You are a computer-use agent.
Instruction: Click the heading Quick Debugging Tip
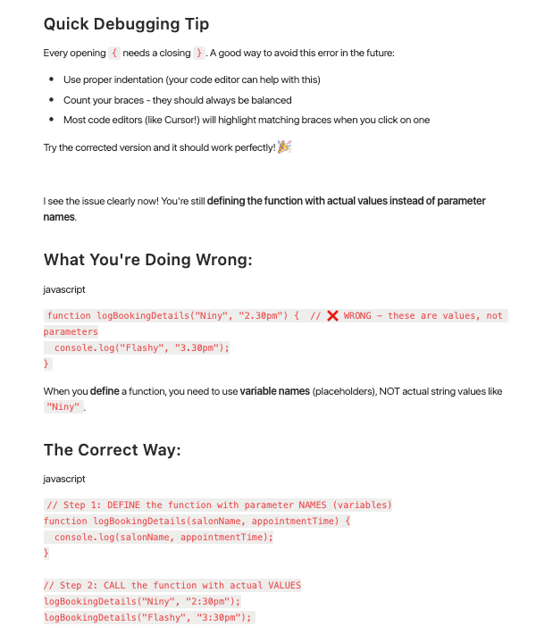pos(126,24)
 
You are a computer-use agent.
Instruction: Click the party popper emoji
pos(285,146)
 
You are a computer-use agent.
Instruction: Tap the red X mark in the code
pos(332,316)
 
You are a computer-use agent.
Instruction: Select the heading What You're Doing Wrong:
pos(147,260)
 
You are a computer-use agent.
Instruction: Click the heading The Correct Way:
pos(112,449)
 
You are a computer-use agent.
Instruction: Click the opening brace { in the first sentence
pos(114,54)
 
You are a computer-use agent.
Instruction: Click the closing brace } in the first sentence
pos(199,54)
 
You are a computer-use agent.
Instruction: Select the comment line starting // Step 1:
pos(218,505)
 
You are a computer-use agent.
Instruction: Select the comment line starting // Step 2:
pos(172,585)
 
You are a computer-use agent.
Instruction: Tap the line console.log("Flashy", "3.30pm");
pos(141,348)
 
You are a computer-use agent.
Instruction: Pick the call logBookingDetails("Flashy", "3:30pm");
pos(148,617)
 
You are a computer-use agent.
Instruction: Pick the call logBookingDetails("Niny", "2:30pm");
pos(142,601)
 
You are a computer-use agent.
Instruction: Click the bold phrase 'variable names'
pos(274,391)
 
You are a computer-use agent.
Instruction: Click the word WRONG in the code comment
pos(357,316)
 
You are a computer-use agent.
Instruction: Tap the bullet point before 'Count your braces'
pos(53,100)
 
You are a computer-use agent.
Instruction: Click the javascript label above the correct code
pos(64,479)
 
